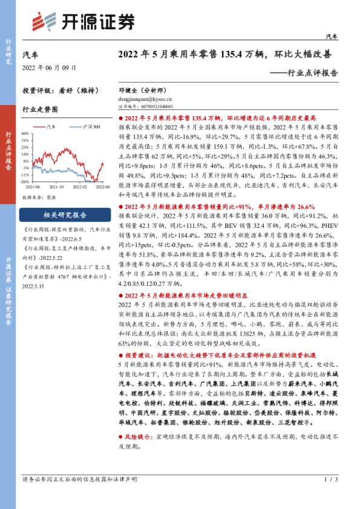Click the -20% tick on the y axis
25,181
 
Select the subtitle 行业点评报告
312,73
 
